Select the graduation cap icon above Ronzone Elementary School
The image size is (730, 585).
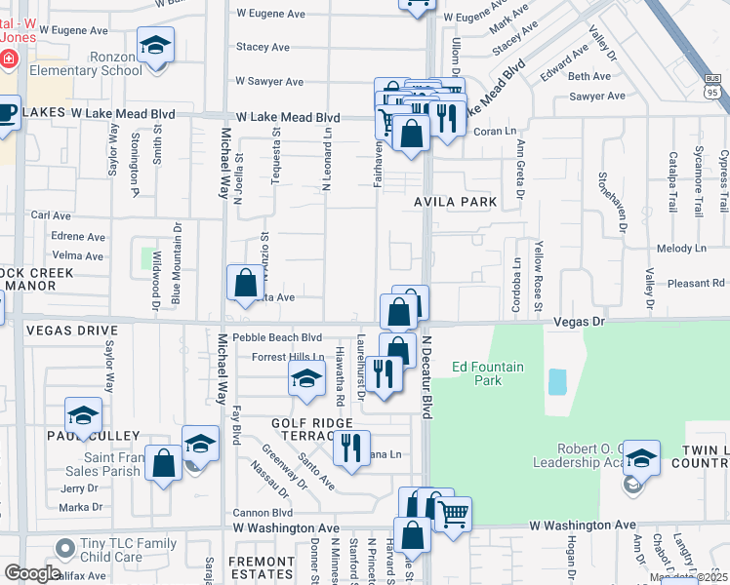[x=154, y=48]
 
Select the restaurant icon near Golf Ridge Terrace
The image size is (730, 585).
[x=350, y=448]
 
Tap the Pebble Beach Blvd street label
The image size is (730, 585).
[x=277, y=336]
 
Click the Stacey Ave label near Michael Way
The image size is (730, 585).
[x=263, y=46]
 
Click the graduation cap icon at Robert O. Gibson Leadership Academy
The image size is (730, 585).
[x=641, y=456]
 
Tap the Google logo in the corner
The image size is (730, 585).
[x=32, y=573]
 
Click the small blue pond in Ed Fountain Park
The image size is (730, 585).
[x=557, y=381]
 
